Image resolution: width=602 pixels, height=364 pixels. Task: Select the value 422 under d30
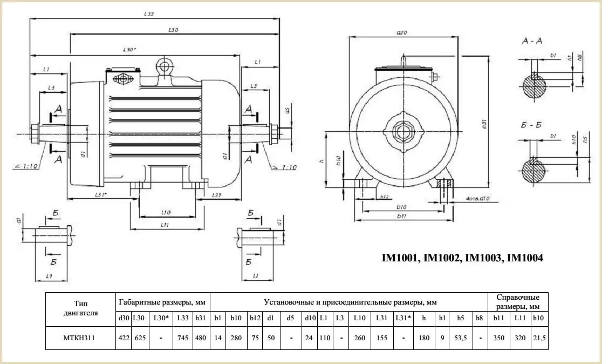(x=124, y=338)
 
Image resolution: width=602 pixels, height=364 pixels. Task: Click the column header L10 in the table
(x=359, y=319)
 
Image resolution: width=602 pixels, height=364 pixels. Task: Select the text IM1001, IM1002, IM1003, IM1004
(x=462, y=259)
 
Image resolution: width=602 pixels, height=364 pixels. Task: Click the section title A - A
(x=532, y=42)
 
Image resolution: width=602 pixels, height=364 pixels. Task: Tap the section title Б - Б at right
(x=531, y=125)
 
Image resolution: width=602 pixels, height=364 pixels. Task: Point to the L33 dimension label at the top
(x=149, y=14)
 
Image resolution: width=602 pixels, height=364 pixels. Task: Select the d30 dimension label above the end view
(x=401, y=33)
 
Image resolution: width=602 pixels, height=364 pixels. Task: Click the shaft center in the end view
(x=402, y=131)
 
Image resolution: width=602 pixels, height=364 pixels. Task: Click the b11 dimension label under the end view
(x=401, y=216)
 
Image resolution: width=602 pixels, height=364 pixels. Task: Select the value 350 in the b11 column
(x=497, y=338)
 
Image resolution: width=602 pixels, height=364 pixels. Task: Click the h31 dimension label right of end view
(x=484, y=124)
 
